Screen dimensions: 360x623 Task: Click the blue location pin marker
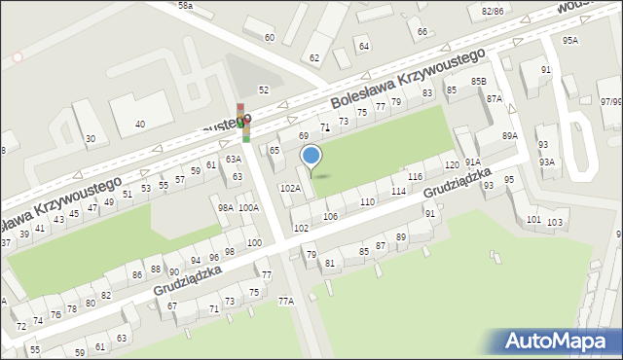[311, 157]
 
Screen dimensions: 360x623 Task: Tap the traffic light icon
[241, 123]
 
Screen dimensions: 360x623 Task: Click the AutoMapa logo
[556, 342]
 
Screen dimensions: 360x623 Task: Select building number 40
[140, 124]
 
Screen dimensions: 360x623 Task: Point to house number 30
[91, 139]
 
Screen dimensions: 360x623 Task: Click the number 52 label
[263, 89]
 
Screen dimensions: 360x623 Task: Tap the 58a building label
[185, 6]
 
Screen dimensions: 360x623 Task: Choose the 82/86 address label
[492, 10]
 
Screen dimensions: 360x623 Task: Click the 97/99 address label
[611, 101]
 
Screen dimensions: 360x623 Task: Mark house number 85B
[478, 81]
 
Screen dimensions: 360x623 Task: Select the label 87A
[495, 98]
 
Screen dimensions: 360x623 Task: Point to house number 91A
[472, 162]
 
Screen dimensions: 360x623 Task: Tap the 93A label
[547, 162]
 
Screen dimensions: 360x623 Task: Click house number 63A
[233, 159]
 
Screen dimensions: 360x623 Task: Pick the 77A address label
[285, 302]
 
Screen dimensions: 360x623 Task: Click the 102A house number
[290, 188]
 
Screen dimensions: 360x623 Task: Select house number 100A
[248, 207]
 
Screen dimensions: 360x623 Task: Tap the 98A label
[225, 207]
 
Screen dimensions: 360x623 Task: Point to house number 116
[415, 176]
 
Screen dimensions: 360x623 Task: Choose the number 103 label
[555, 223]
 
